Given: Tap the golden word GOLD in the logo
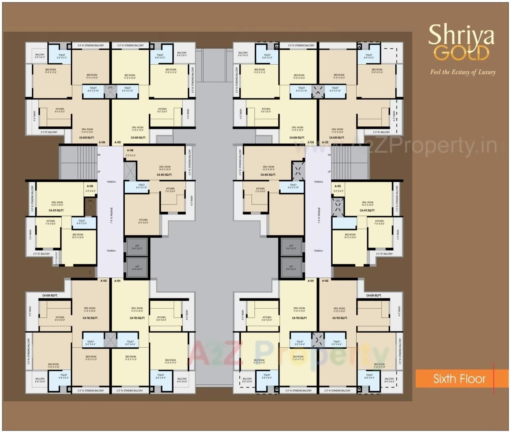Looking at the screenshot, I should (x=461, y=53).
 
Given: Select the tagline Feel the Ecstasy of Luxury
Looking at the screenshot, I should (x=463, y=72).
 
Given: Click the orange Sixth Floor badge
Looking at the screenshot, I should (x=459, y=379).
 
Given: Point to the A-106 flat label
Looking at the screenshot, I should (x=130, y=150).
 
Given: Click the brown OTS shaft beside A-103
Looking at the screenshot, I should (x=90, y=207).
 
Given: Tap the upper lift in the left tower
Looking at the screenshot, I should (x=137, y=246).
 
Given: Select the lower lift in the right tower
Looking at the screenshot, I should (x=291, y=267).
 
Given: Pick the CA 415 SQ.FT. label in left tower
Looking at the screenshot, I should (x=56, y=211).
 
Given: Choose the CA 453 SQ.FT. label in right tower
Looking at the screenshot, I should (x=268, y=175).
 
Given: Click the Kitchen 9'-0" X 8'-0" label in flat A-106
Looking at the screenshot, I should (x=143, y=221).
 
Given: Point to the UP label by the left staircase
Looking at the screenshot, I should (x=99, y=172).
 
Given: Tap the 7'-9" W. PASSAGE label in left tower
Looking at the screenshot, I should (x=111, y=215).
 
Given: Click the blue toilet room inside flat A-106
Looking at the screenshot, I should (x=136, y=187).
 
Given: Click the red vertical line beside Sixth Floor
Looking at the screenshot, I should (x=494, y=378).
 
